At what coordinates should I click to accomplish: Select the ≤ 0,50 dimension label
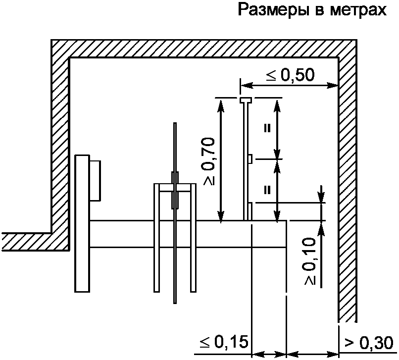pyautogui.click(x=290, y=75)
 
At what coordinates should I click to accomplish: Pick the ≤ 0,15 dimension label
pyautogui.click(x=223, y=342)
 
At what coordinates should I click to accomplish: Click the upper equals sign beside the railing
pyautogui.click(x=267, y=128)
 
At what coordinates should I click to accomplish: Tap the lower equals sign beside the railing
pyautogui.click(x=267, y=189)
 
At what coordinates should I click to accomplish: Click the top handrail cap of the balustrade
pyautogui.click(x=246, y=101)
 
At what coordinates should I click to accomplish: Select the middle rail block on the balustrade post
pyautogui.click(x=250, y=159)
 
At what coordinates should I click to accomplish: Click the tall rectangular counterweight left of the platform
pyautogui.click(x=82, y=223)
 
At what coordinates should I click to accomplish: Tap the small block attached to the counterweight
pyautogui.click(x=96, y=181)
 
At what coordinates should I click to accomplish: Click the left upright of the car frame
pyautogui.click(x=157, y=238)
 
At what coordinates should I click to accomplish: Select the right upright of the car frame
pyautogui.click(x=193, y=238)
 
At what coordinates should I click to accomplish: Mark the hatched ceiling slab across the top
pyautogui.click(x=203, y=48)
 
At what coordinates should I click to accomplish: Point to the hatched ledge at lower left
pyautogui.click(x=30, y=242)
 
